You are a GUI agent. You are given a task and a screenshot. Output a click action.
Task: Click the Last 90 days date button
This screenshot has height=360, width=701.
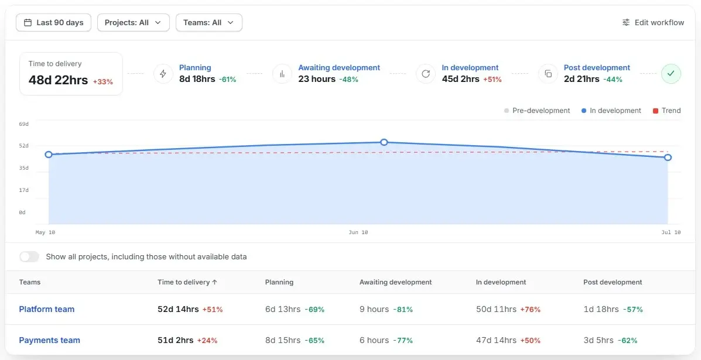click(54, 23)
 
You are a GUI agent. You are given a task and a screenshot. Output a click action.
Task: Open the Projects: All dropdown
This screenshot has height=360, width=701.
click(133, 23)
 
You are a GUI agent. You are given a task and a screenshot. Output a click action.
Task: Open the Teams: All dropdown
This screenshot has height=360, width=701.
click(209, 23)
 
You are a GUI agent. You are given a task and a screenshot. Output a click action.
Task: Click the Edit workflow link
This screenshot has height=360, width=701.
click(653, 23)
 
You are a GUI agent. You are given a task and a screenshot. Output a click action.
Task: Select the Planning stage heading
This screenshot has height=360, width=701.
click(195, 68)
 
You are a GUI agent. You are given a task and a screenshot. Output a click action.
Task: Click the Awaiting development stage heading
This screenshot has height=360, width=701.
click(339, 68)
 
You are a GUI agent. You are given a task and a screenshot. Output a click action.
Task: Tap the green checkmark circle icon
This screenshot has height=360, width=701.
click(671, 74)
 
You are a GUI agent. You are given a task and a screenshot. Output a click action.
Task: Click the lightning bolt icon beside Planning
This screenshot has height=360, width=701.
click(163, 74)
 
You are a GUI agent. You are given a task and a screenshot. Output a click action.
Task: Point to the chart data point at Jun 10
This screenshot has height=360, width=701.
click(384, 142)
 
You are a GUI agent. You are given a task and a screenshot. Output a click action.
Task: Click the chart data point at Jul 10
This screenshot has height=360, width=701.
click(668, 157)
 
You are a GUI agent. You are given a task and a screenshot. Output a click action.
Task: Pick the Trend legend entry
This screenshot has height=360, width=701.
click(667, 111)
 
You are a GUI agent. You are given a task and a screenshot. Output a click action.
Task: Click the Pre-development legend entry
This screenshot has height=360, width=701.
click(537, 111)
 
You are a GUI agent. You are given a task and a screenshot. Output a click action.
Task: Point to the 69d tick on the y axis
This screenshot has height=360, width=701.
click(23, 124)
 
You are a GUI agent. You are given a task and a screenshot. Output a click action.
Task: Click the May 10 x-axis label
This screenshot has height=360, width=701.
click(45, 232)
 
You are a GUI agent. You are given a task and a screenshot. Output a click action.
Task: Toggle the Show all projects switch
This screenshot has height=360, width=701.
click(29, 257)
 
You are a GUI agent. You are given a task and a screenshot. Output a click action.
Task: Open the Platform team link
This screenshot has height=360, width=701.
click(46, 309)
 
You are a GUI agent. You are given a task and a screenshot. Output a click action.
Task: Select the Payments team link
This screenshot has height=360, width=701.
click(49, 340)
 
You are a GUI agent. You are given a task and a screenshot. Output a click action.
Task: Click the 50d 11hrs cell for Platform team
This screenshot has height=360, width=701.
click(496, 309)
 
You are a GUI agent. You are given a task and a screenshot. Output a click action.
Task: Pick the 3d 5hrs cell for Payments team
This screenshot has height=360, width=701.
click(599, 340)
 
